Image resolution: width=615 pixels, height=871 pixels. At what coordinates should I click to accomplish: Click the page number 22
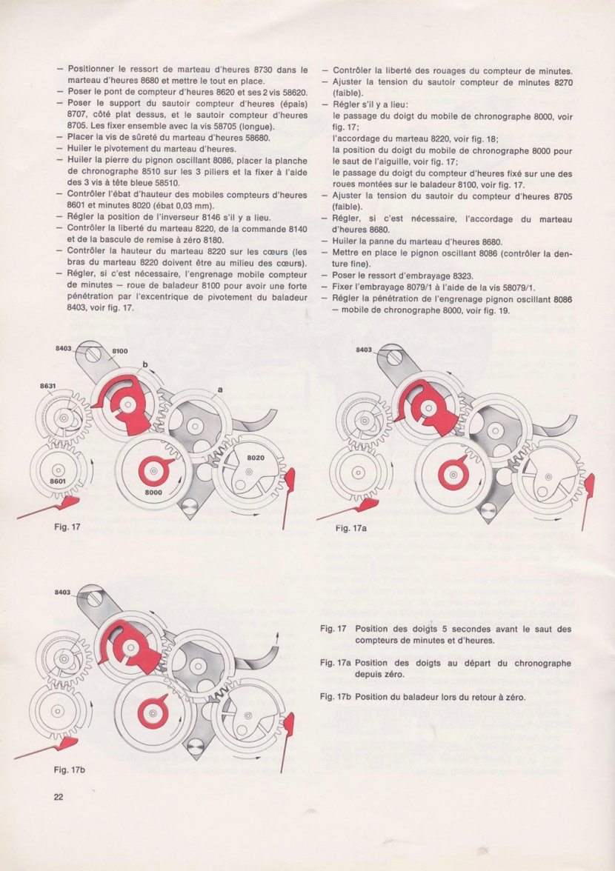[59, 797]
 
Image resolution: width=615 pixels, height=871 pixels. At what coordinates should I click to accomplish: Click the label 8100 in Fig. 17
[120, 350]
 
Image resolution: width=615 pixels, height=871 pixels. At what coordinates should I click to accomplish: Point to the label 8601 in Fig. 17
[58, 482]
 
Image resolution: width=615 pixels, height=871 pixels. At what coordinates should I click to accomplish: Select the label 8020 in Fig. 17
[256, 459]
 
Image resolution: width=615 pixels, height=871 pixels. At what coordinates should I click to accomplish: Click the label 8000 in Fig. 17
[153, 493]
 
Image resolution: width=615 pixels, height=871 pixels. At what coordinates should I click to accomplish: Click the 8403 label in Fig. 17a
[364, 349]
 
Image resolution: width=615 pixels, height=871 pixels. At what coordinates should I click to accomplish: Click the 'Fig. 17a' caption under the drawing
[353, 528]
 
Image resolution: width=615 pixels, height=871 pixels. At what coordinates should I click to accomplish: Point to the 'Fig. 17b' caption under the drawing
[70, 770]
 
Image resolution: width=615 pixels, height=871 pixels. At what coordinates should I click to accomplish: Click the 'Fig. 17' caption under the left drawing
[67, 527]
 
